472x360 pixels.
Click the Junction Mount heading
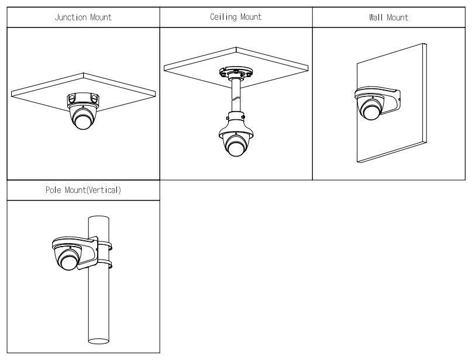[82, 17]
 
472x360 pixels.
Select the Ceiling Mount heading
[236, 17]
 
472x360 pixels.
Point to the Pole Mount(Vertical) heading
[83, 191]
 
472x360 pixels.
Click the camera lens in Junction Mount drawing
[83, 121]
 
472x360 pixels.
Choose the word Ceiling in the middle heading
[222, 17]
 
